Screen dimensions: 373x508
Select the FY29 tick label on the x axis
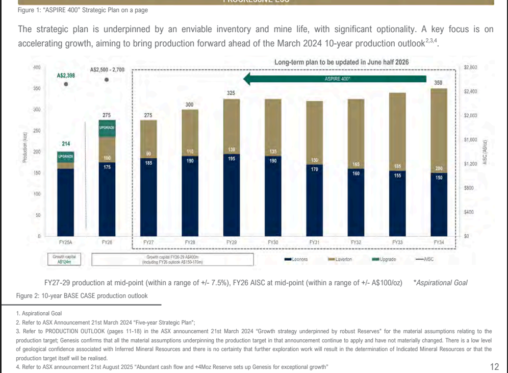[x=231, y=243]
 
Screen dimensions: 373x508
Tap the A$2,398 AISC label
[x=66, y=76]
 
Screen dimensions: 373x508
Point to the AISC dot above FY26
[x=106, y=80]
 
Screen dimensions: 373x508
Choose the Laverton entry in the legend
[x=344, y=259]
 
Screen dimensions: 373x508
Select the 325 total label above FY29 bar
[x=231, y=93]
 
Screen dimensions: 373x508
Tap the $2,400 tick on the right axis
[x=470, y=91]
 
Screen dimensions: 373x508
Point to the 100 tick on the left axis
[x=36, y=194]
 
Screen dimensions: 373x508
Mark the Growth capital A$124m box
[x=64, y=259]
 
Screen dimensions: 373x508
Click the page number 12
[x=494, y=366]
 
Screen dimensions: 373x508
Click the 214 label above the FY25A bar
[x=66, y=144]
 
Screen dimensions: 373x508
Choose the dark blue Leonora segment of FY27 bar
[x=148, y=199]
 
